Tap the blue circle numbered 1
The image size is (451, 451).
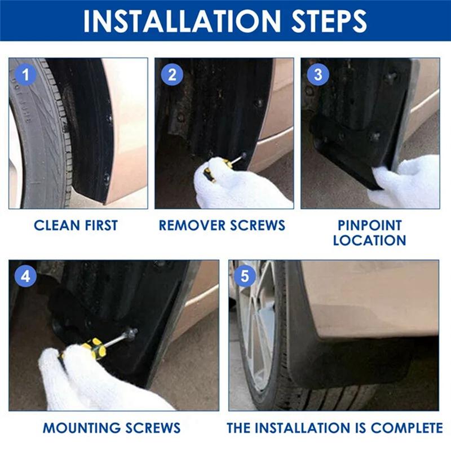pos(24,74)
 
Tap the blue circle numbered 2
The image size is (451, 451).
pos(172,74)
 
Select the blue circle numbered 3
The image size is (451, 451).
pos(318,74)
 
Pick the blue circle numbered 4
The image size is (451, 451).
pos(25,276)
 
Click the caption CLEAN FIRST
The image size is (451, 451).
pos(76,225)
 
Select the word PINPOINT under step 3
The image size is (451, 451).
pos(369,225)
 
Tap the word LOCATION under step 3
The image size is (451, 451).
pos(369,241)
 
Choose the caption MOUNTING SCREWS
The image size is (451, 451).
pos(112,428)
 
